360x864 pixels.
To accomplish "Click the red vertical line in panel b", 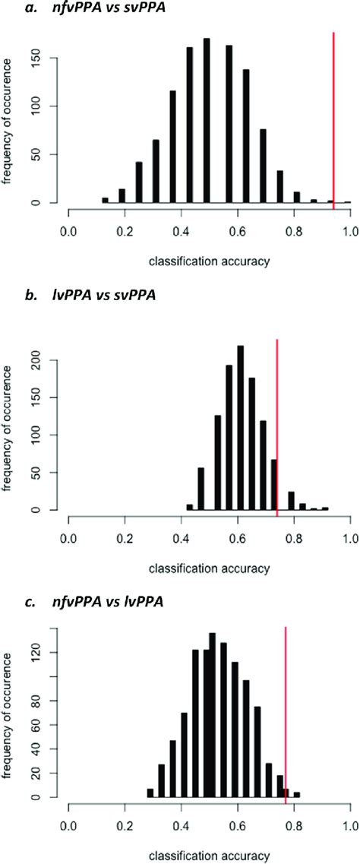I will tap(277, 426).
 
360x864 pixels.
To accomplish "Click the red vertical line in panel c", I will tap(286, 714).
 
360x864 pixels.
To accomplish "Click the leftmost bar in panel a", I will tap(105, 201).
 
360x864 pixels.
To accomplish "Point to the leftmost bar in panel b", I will tap(189, 507).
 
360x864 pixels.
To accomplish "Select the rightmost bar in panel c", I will tap(297, 795).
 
